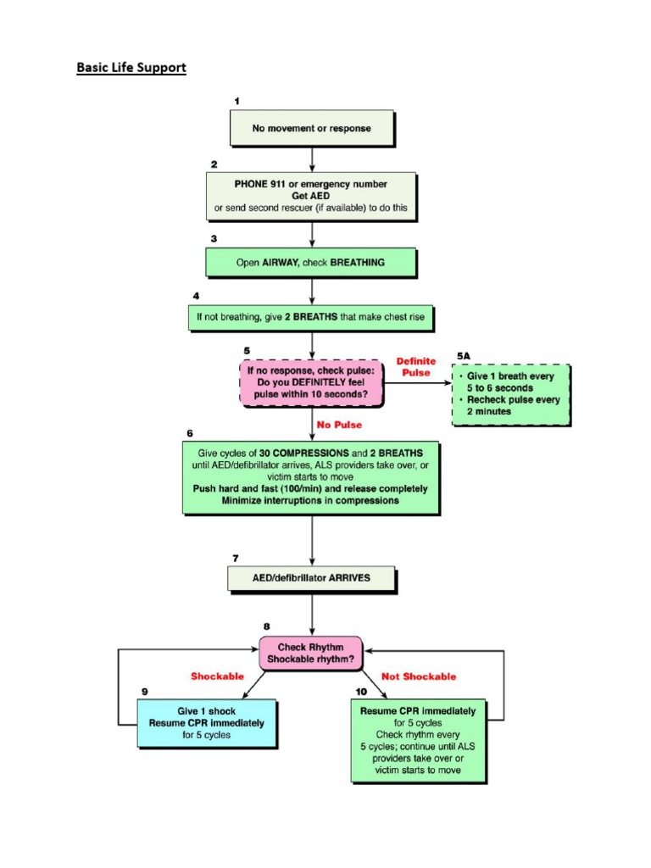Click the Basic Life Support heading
(131, 67)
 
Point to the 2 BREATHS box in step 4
(313, 318)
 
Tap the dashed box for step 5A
(511, 393)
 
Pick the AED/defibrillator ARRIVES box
(312, 578)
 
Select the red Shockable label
(217, 676)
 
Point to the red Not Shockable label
(420, 676)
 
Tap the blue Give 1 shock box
(207, 723)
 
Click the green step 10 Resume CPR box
(418, 740)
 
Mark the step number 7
(235, 558)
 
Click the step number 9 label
(145, 692)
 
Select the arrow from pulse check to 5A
(417, 382)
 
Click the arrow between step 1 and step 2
(313, 158)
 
